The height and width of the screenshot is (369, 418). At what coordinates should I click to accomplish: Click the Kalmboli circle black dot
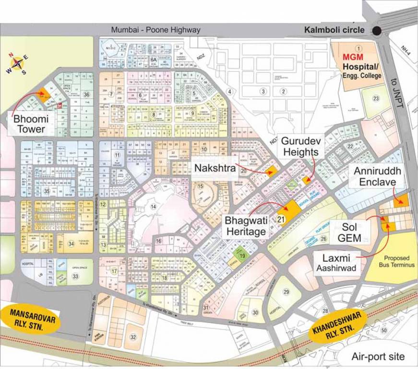click(x=378, y=31)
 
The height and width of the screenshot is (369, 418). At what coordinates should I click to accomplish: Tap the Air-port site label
click(x=378, y=357)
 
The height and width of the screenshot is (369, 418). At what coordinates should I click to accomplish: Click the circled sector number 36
click(x=86, y=94)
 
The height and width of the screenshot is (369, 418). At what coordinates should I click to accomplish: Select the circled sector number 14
click(x=153, y=207)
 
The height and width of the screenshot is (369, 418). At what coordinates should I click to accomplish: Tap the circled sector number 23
click(x=376, y=98)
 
